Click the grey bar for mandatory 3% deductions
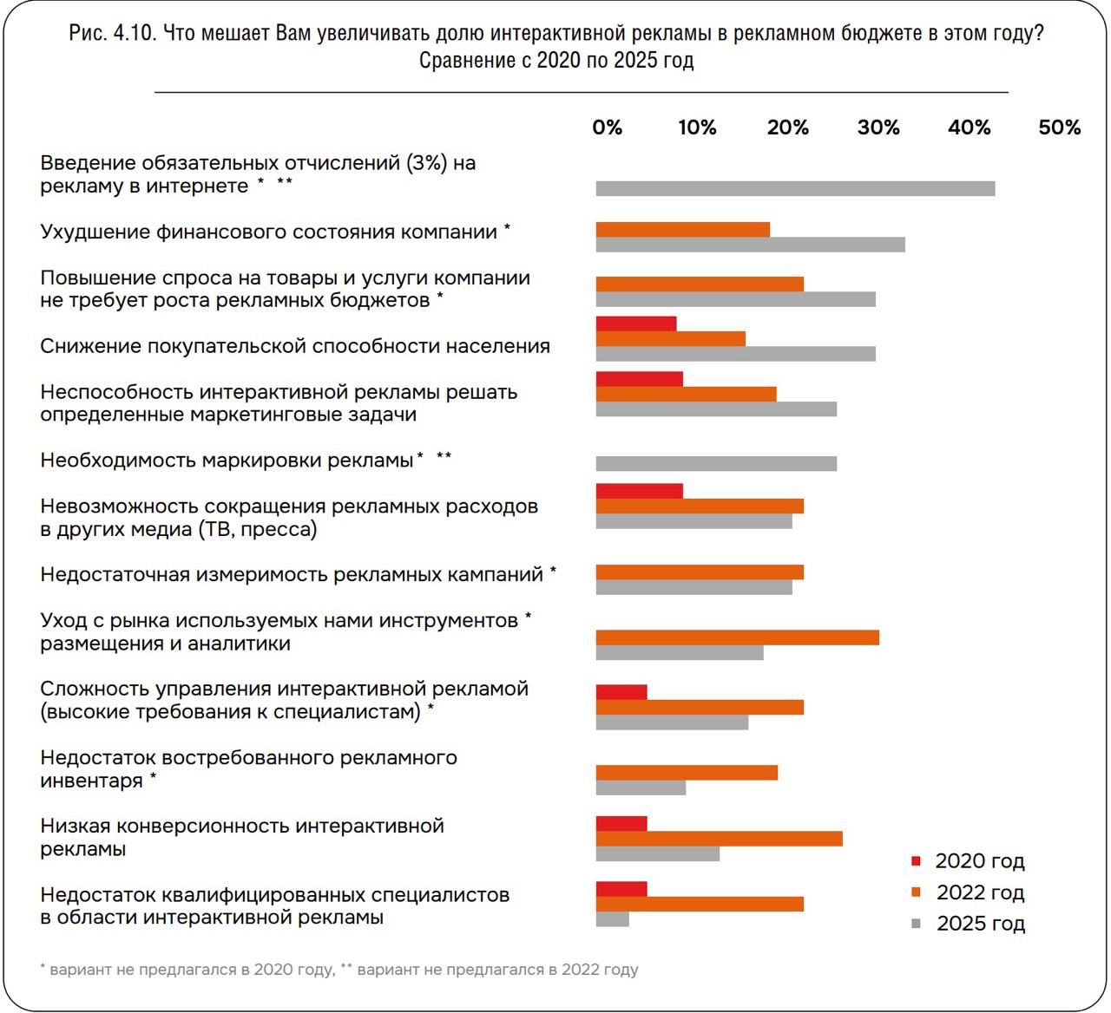795,189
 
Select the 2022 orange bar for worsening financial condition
682,230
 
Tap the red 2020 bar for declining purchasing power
635,324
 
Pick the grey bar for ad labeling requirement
716,463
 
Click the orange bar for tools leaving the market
737,638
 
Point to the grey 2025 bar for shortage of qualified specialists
612,919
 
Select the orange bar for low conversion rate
719,839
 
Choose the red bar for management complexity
621,692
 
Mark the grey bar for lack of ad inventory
641,788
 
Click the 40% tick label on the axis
969,127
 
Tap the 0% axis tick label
607,127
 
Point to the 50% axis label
1059,127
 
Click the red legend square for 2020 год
916,861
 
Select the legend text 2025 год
980,924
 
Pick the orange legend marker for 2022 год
916,892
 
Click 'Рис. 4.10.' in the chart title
112,34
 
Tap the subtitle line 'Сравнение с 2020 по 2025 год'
555,61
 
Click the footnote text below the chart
339,970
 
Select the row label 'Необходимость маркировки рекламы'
227,460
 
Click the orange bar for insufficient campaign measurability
700,572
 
